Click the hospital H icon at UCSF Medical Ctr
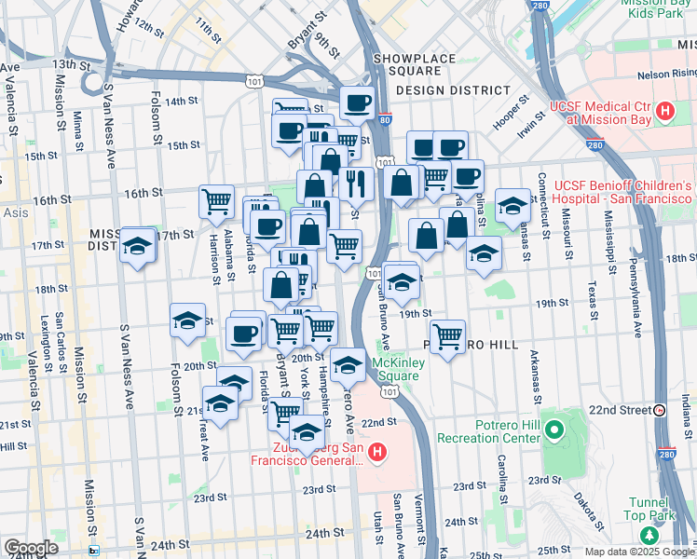coord(665,113)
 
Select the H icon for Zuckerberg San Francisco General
coord(377,454)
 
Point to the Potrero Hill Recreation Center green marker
coord(554,430)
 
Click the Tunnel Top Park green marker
coord(649,535)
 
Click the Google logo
coord(30,548)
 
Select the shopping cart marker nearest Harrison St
coord(216,200)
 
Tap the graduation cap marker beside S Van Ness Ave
coord(138,246)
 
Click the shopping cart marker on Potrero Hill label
coord(448,335)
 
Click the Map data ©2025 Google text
coord(640,552)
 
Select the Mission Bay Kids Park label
coord(657,10)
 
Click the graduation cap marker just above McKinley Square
coord(348,365)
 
